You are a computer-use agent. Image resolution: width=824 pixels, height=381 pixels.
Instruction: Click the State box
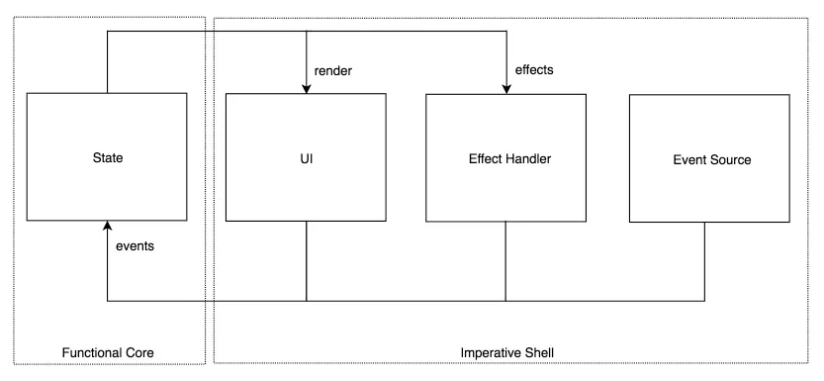[107, 156]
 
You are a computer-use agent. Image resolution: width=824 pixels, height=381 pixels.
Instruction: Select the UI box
[306, 156]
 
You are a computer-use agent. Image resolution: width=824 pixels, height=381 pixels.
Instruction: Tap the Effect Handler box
[506, 156]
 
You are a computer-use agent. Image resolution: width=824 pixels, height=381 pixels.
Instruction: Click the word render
[332, 71]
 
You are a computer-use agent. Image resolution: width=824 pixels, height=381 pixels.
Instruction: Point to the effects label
[535, 71]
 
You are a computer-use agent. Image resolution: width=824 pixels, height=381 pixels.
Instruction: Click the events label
[135, 245]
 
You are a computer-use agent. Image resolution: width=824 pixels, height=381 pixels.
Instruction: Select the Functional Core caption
[108, 353]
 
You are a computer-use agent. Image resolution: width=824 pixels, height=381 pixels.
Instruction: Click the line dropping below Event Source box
[705, 261]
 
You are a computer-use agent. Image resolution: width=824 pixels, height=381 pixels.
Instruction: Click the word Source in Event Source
[731, 159]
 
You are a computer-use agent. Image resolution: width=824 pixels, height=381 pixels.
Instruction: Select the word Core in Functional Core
[139, 353]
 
